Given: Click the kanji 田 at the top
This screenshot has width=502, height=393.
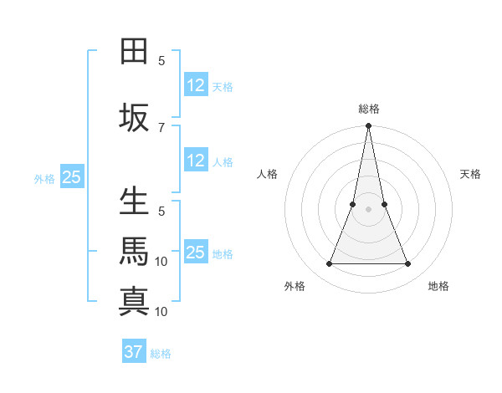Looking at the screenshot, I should (x=135, y=51).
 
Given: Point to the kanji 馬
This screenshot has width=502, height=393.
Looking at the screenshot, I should (x=135, y=251).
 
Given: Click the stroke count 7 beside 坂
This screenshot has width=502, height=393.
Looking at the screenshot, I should (x=161, y=127).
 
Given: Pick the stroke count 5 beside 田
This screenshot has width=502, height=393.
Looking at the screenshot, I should (x=161, y=60).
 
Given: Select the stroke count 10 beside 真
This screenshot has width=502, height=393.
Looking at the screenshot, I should (x=162, y=311).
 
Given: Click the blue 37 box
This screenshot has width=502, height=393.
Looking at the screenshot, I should (x=134, y=352).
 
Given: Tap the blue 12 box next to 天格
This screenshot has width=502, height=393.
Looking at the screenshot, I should (x=196, y=85).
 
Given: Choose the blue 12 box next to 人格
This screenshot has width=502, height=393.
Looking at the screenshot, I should (x=196, y=161).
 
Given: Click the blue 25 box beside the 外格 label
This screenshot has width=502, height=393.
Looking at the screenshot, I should (x=71, y=176).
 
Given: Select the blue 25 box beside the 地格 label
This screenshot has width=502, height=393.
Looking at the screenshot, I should (x=196, y=253).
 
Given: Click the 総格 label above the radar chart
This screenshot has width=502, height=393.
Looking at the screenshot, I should (x=368, y=109).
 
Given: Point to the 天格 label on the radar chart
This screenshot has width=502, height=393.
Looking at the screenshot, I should (x=470, y=174).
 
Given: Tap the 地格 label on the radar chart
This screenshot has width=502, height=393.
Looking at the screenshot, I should (x=438, y=286).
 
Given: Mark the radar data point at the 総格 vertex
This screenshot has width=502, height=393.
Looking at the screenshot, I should (x=368, y=126).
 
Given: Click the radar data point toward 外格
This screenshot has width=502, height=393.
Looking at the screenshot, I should (x=329, y=264).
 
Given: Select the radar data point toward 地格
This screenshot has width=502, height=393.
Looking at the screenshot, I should (x=407, y=264).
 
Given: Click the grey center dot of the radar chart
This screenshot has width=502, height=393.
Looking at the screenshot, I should (x=368, y=210).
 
